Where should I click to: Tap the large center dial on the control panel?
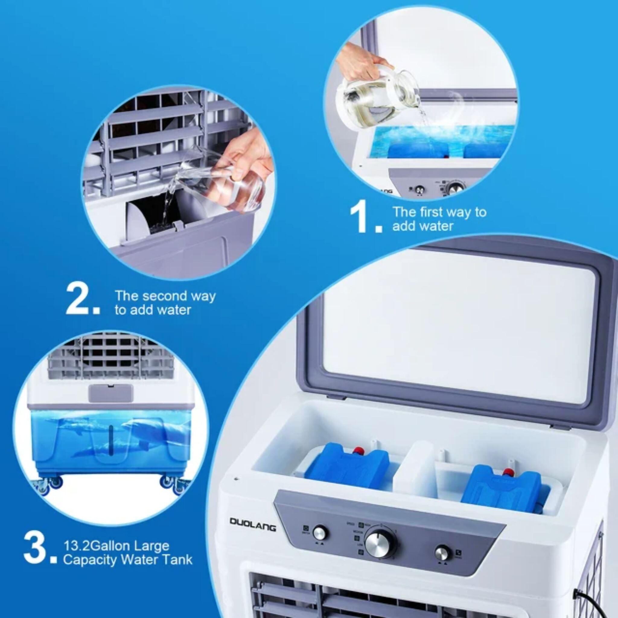point(380,544)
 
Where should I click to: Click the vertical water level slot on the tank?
point(110,440)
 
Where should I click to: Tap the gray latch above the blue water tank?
point(111,393)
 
